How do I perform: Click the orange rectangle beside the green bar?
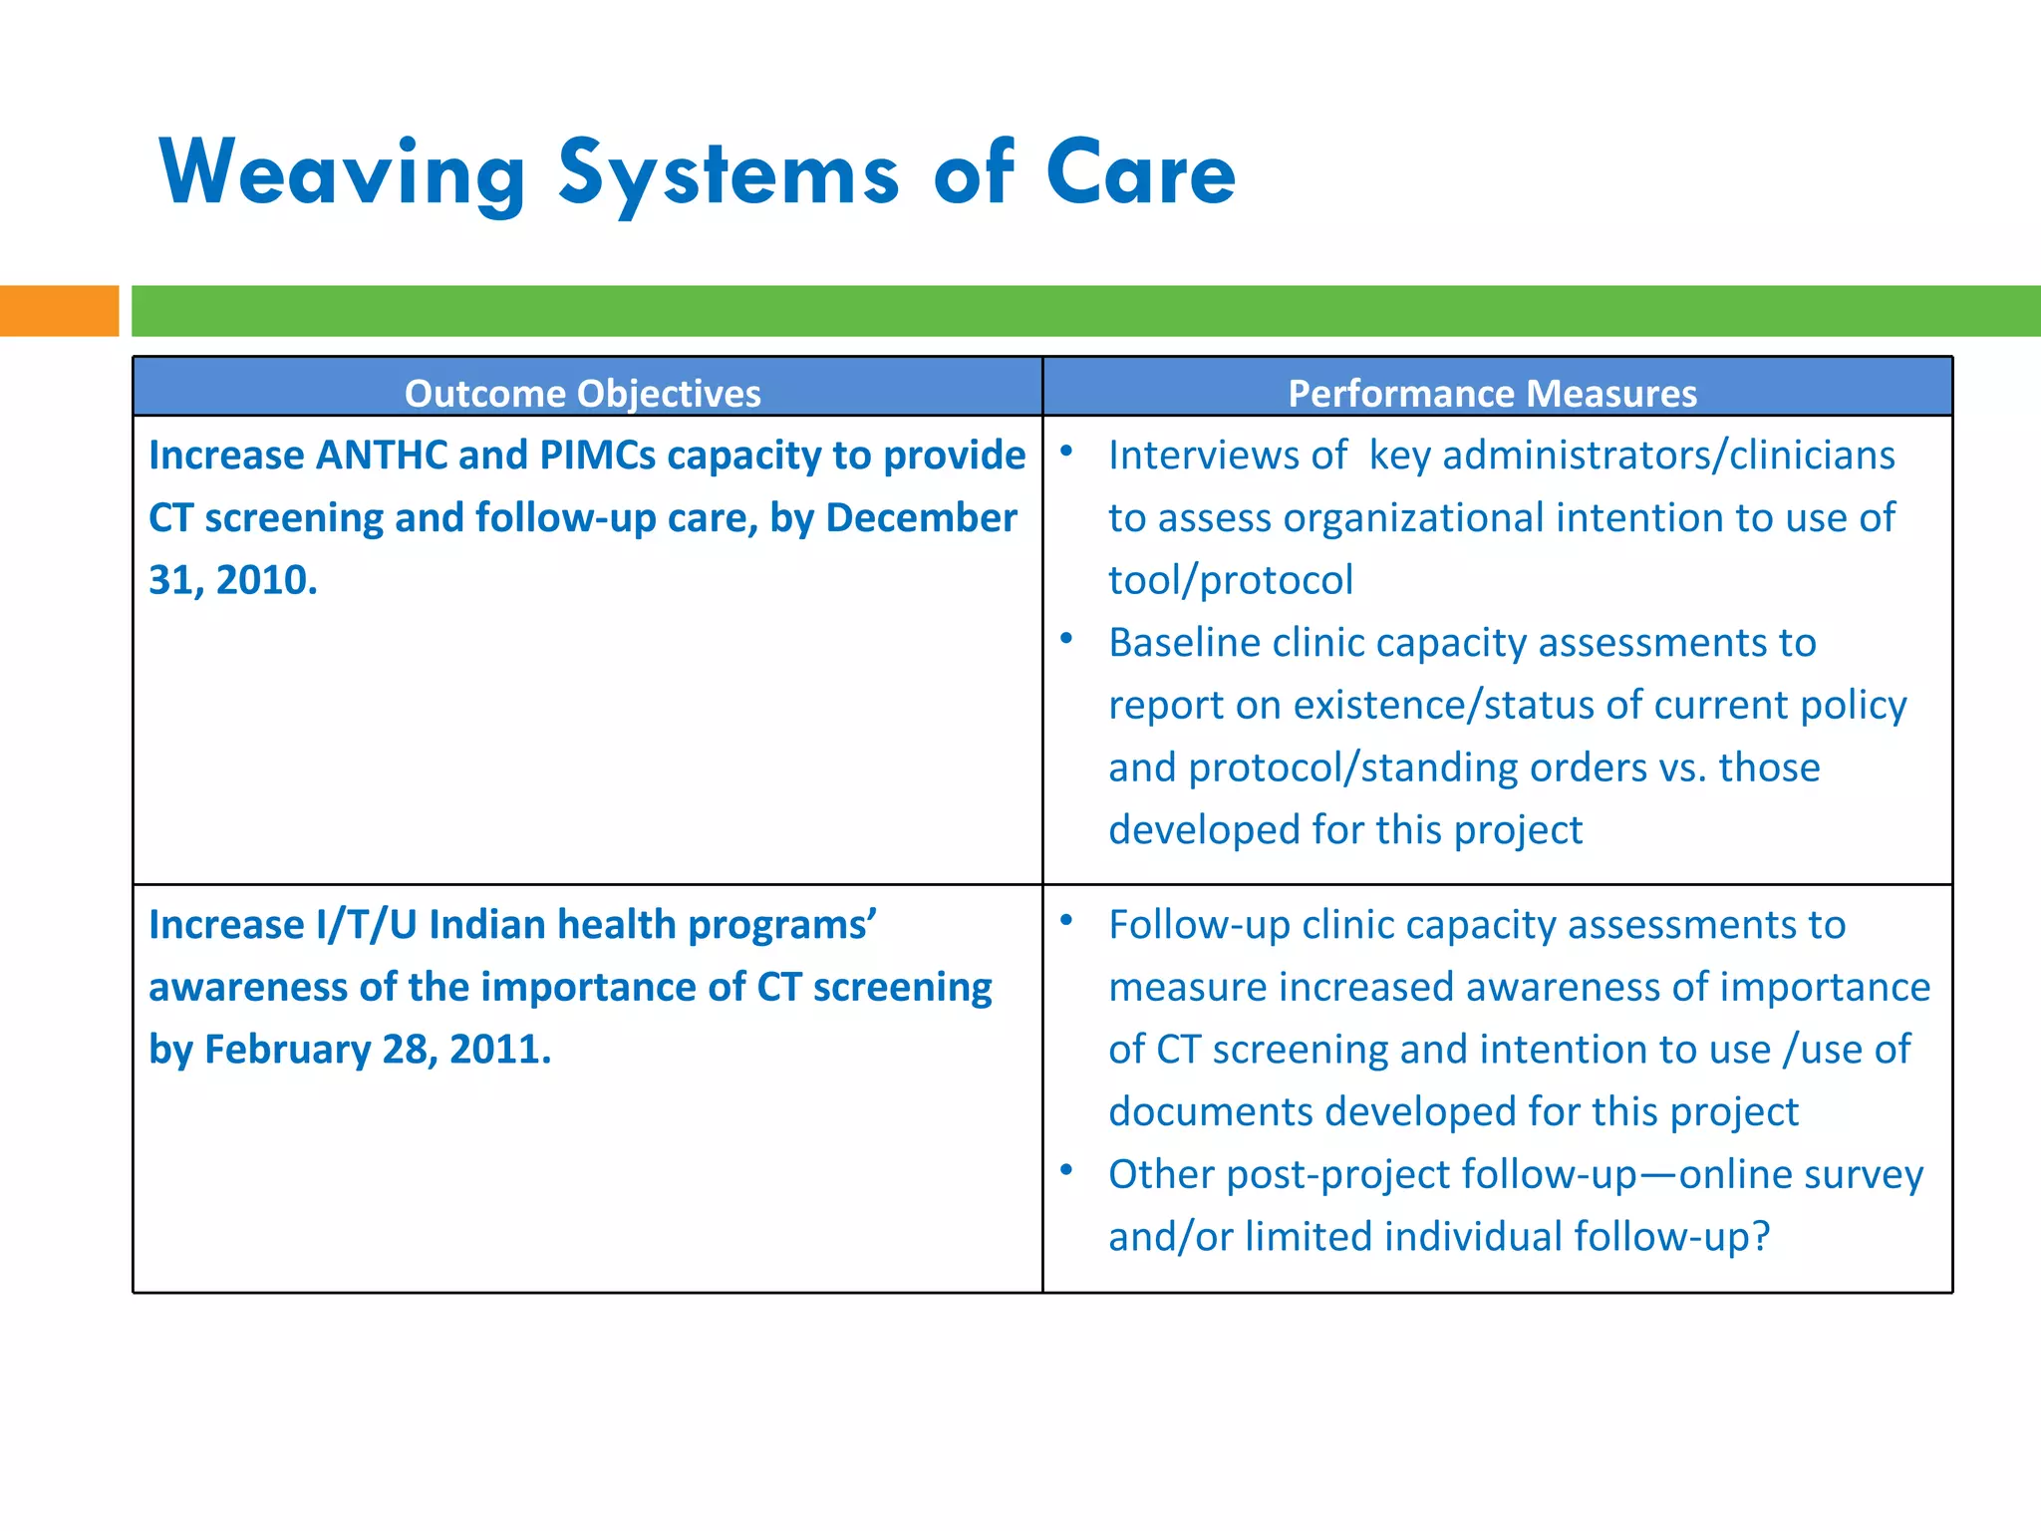coord(59,311)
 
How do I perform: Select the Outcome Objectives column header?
coord(583,393)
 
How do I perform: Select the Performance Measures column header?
coord(1492,393)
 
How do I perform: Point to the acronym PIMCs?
coord(597,456)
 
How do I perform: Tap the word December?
coord(921,518)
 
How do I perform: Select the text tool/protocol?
coord(1231,580)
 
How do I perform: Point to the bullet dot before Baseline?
coord(1066,638)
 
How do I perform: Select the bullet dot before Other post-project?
coord(1066,1169)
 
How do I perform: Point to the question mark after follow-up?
coord(1760,1237)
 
